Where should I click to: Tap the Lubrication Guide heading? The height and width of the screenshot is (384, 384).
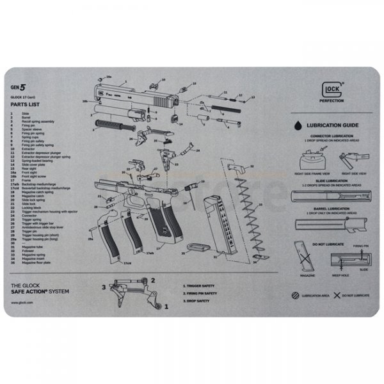[332, 125]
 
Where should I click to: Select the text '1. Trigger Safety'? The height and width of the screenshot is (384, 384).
[198, 286]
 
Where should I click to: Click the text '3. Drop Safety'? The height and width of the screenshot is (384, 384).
[196, 300]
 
